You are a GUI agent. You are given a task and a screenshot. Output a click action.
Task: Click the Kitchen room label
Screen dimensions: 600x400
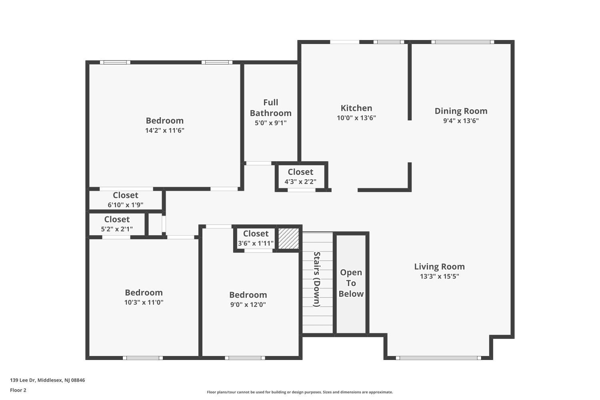(356, 108)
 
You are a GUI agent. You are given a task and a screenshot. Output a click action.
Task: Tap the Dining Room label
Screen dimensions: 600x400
(461, 111)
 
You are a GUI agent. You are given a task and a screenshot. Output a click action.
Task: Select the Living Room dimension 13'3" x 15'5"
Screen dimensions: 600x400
(439, 276)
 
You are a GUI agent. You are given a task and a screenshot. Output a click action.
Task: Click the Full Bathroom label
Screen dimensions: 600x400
(270, 108)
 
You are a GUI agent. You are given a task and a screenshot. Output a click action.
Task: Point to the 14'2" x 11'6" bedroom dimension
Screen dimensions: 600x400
(165, 130)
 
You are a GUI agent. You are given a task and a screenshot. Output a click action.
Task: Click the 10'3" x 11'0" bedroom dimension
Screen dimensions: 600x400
(144, 302)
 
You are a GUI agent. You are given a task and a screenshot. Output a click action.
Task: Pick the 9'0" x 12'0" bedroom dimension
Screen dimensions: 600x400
(248, 305)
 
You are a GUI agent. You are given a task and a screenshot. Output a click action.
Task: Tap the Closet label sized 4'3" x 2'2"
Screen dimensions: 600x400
(300, 172)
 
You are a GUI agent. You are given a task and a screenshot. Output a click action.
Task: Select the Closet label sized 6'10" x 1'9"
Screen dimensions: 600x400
(125, 195)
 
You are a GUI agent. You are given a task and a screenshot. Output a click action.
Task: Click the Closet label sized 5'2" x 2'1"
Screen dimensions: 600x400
(117, 220)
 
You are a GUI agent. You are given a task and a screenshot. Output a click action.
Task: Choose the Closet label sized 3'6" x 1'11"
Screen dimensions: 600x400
(256, 234)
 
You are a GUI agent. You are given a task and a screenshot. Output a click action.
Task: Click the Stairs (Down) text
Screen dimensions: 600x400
(317, 279)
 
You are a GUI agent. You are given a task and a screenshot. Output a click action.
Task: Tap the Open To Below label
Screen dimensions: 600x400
(351, 283)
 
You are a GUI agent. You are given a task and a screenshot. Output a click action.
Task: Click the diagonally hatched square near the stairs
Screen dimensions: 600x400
(288, 238)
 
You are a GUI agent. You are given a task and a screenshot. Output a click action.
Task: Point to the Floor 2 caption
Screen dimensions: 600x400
(18, 390)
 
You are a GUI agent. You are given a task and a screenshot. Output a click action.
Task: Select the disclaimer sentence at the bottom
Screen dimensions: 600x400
(300, 392)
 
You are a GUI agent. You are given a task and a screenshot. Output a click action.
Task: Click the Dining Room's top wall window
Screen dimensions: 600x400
(462, 42)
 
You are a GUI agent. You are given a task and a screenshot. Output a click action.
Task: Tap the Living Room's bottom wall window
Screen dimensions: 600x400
(438, 358)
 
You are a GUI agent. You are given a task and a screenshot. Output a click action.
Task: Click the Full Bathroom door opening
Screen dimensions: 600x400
(259, 163)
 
